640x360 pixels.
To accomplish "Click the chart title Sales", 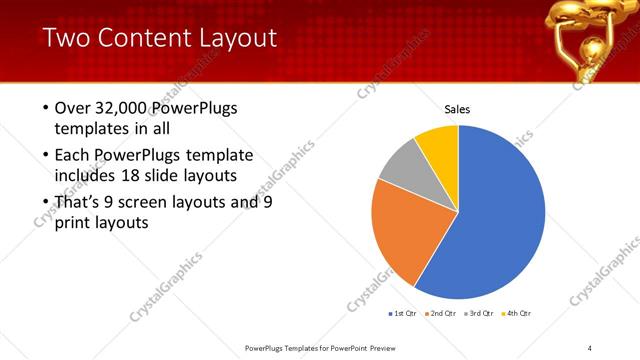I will tap(457, 109).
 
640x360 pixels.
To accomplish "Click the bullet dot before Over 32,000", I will tap(45, 108).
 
